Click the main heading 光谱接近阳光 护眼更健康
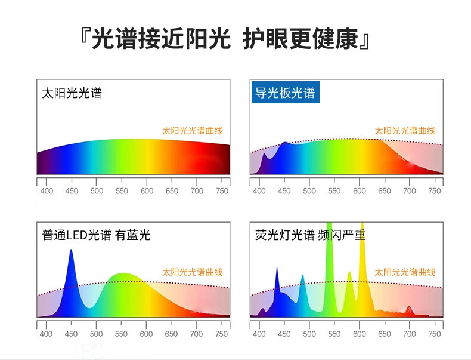[x=224, y=39]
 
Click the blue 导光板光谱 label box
[x=286, y=93]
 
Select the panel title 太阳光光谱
[x=72, y=93]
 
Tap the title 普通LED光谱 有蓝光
[x=96, y=235]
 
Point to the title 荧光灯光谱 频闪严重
[x=310, y=235]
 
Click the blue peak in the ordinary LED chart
[x=71, y=270]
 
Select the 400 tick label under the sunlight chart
[x=47, y=191]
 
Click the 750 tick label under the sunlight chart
[x=222, y=191]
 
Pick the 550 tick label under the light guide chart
[x=334, y=191]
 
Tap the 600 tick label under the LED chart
[x=146, y=334]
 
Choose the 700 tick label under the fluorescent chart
[x=410, y=334]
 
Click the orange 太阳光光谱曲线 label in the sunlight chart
[x=192, y=131]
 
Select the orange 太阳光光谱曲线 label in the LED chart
[x=192, y=272]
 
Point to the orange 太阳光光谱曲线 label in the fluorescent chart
[x=405, y=272]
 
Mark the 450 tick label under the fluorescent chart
[x=284, y=334]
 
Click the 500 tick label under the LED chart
[x=96, y=334]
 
